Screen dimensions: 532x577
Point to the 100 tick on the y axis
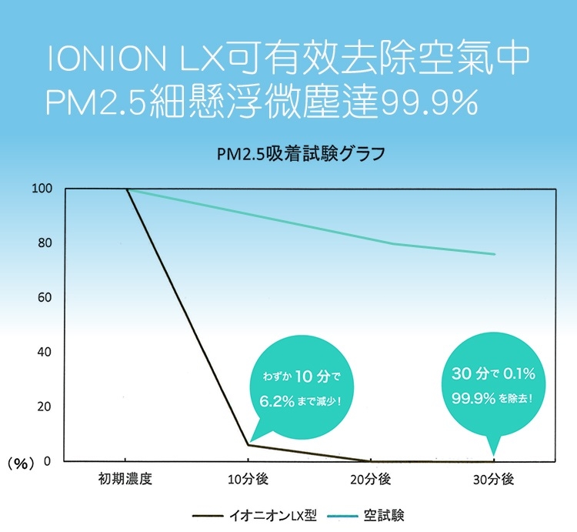[x=42, y=189]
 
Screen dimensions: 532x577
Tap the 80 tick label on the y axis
[x=45, y=243]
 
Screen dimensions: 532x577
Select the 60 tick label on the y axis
[x=45, y=298]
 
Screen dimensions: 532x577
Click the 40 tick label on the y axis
[x=45, y=353]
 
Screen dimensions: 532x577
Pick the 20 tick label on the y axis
[x=45, y=407]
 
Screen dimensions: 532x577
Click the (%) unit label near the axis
[x=22, y=463]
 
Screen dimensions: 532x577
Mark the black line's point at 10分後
[x=248, y=445]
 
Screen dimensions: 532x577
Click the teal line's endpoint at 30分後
[x=495, y=254]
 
